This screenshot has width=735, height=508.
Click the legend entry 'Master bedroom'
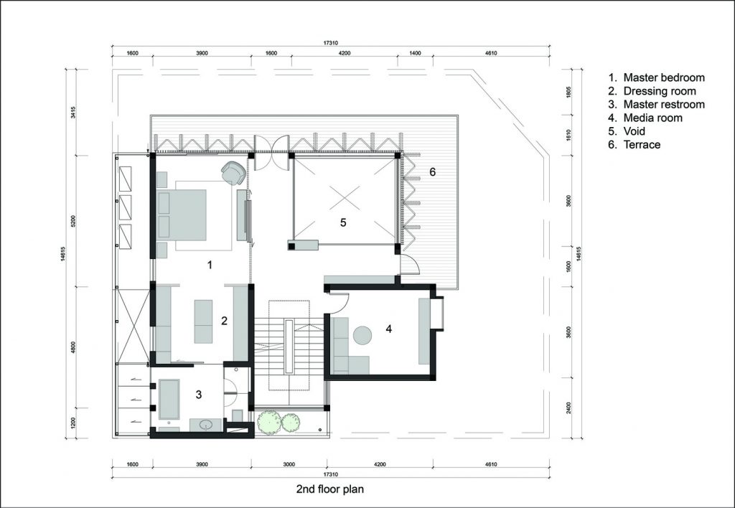click(664, 77)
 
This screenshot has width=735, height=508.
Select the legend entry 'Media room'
click(652, 118)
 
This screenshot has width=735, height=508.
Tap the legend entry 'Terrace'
click(642, 145)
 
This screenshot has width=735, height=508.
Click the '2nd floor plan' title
click(330, 489)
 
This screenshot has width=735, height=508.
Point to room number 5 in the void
click(343, 222)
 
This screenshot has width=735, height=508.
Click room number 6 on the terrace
click(432, 172)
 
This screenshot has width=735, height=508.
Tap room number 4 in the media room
click(388, 329)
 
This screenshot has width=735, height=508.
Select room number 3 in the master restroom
click(199, 395)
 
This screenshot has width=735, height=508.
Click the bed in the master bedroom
click(182, 215)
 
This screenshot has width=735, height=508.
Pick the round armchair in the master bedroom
click(233, 173)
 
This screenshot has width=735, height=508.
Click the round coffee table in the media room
click(362, 336)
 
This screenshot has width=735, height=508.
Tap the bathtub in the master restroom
click(169, 399)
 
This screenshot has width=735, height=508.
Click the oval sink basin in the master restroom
click(206, 425)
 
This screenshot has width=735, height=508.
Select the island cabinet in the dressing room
click(203, 321)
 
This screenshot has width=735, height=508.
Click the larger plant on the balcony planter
click(270, 421)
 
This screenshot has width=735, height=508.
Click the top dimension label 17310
click(330, 42)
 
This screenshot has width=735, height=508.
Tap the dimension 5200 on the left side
click(73, 222)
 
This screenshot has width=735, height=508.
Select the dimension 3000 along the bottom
click(289, 464)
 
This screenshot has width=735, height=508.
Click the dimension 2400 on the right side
click(568, 408)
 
